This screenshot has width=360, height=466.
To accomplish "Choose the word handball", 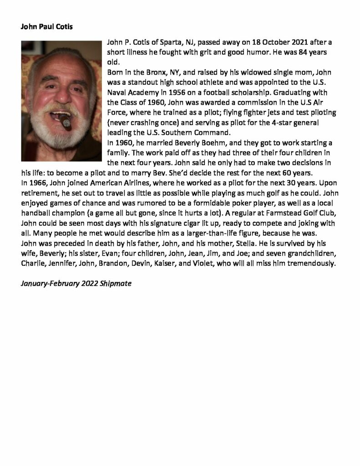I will click(x=36, y=214).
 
